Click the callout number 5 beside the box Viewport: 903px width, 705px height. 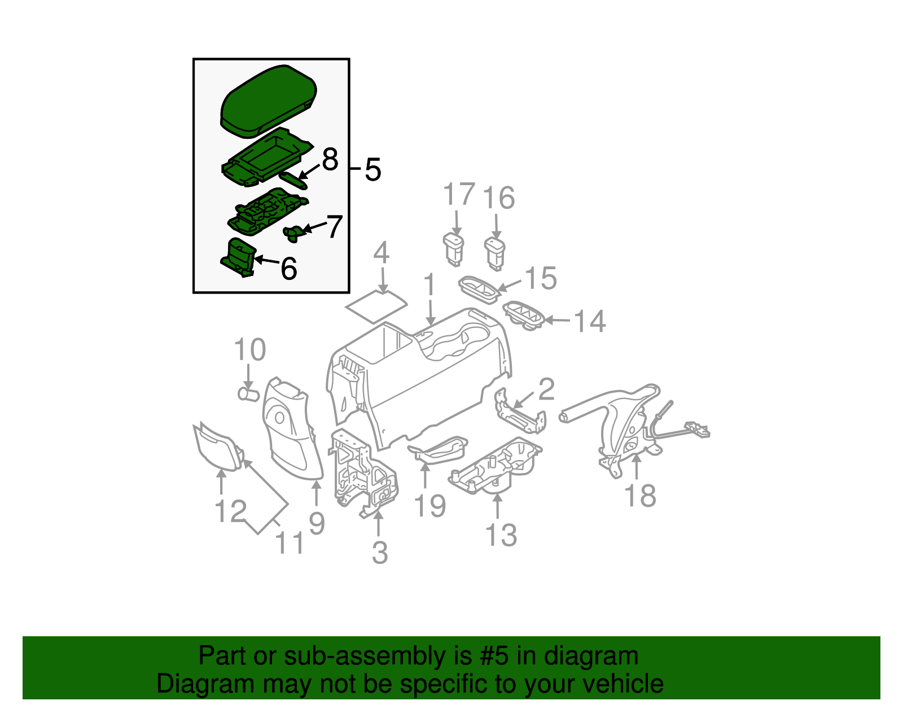pyautogui.click(x=372, y=169)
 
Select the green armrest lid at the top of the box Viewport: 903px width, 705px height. pyautogui.click(x=268, y=102)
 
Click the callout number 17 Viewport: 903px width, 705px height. pyautogui.click(x=458, y=195)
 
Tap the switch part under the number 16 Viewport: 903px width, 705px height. pyautogui.click(x=495, y=251)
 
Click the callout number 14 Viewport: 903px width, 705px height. pyautogui.click(x=590, y=321)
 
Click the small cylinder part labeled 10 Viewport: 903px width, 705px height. pyautogui.click(x=247, y=393)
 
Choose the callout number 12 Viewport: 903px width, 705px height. pyautogui.click(x=230, y=511)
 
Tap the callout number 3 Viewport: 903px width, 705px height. pyautogui.click(x=380, y=553)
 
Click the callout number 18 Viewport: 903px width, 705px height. pyautogui.click(x=641, y=496)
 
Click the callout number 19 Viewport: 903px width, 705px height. pyautogui.click(x=430, y=505)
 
